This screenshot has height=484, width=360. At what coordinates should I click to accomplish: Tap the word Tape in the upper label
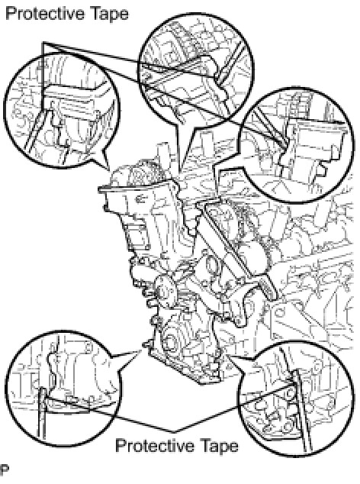(109, 15)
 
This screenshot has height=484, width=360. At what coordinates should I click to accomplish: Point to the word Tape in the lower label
(220, 446)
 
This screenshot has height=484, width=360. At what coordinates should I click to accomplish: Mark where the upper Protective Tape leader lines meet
(43, 42)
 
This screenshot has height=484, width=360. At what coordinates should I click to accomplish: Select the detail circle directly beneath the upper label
(61, 111)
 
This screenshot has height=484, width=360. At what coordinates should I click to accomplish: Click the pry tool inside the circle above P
(42, 414)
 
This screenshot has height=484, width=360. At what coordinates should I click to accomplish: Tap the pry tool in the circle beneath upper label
(37, 132)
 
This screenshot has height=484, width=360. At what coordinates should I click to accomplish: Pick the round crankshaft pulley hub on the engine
(166, 291)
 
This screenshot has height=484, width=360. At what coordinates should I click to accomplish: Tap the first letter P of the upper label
(11, 14)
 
